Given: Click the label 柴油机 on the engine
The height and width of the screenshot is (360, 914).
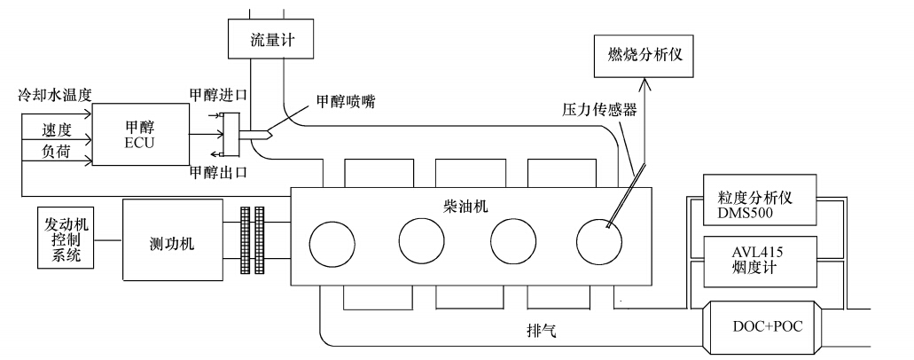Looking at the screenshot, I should pos(465,204).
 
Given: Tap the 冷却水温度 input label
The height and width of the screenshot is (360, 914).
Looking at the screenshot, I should pos(60,93).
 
